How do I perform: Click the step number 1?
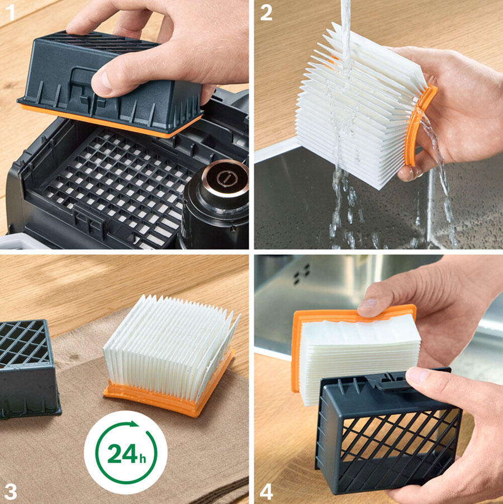tap(11, 12)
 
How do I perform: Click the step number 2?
tap(266, 12)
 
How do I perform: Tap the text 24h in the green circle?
tap(126, 454)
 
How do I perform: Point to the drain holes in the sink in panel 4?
tap(302, 274)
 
